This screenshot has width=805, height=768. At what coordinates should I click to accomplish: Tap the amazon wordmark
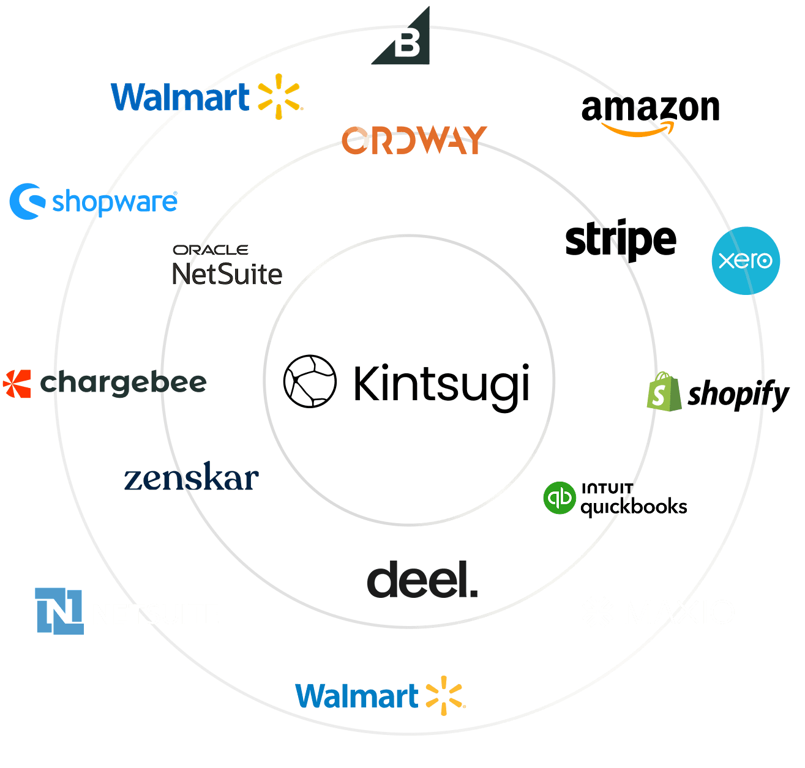650,108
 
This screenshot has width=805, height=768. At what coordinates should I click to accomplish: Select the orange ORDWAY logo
414,140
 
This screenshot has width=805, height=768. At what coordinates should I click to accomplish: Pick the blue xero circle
746,261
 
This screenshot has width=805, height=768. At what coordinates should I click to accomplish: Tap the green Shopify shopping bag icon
663,392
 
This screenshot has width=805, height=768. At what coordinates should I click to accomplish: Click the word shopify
738,394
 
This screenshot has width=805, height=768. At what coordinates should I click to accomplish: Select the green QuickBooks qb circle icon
559,498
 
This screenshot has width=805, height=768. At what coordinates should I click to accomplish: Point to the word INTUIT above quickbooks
607,488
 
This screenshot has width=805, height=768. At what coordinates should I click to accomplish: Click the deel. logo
422,580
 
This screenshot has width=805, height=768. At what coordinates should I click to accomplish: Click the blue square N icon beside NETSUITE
59,611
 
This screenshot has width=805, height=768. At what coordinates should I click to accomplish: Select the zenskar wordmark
191,479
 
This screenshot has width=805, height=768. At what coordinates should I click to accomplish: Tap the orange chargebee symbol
17,384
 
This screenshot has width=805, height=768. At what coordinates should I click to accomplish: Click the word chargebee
124,384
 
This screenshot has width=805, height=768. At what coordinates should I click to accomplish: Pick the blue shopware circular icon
27,201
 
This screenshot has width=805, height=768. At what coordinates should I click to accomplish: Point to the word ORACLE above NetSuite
210,250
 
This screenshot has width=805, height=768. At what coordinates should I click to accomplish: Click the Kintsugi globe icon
310,381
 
